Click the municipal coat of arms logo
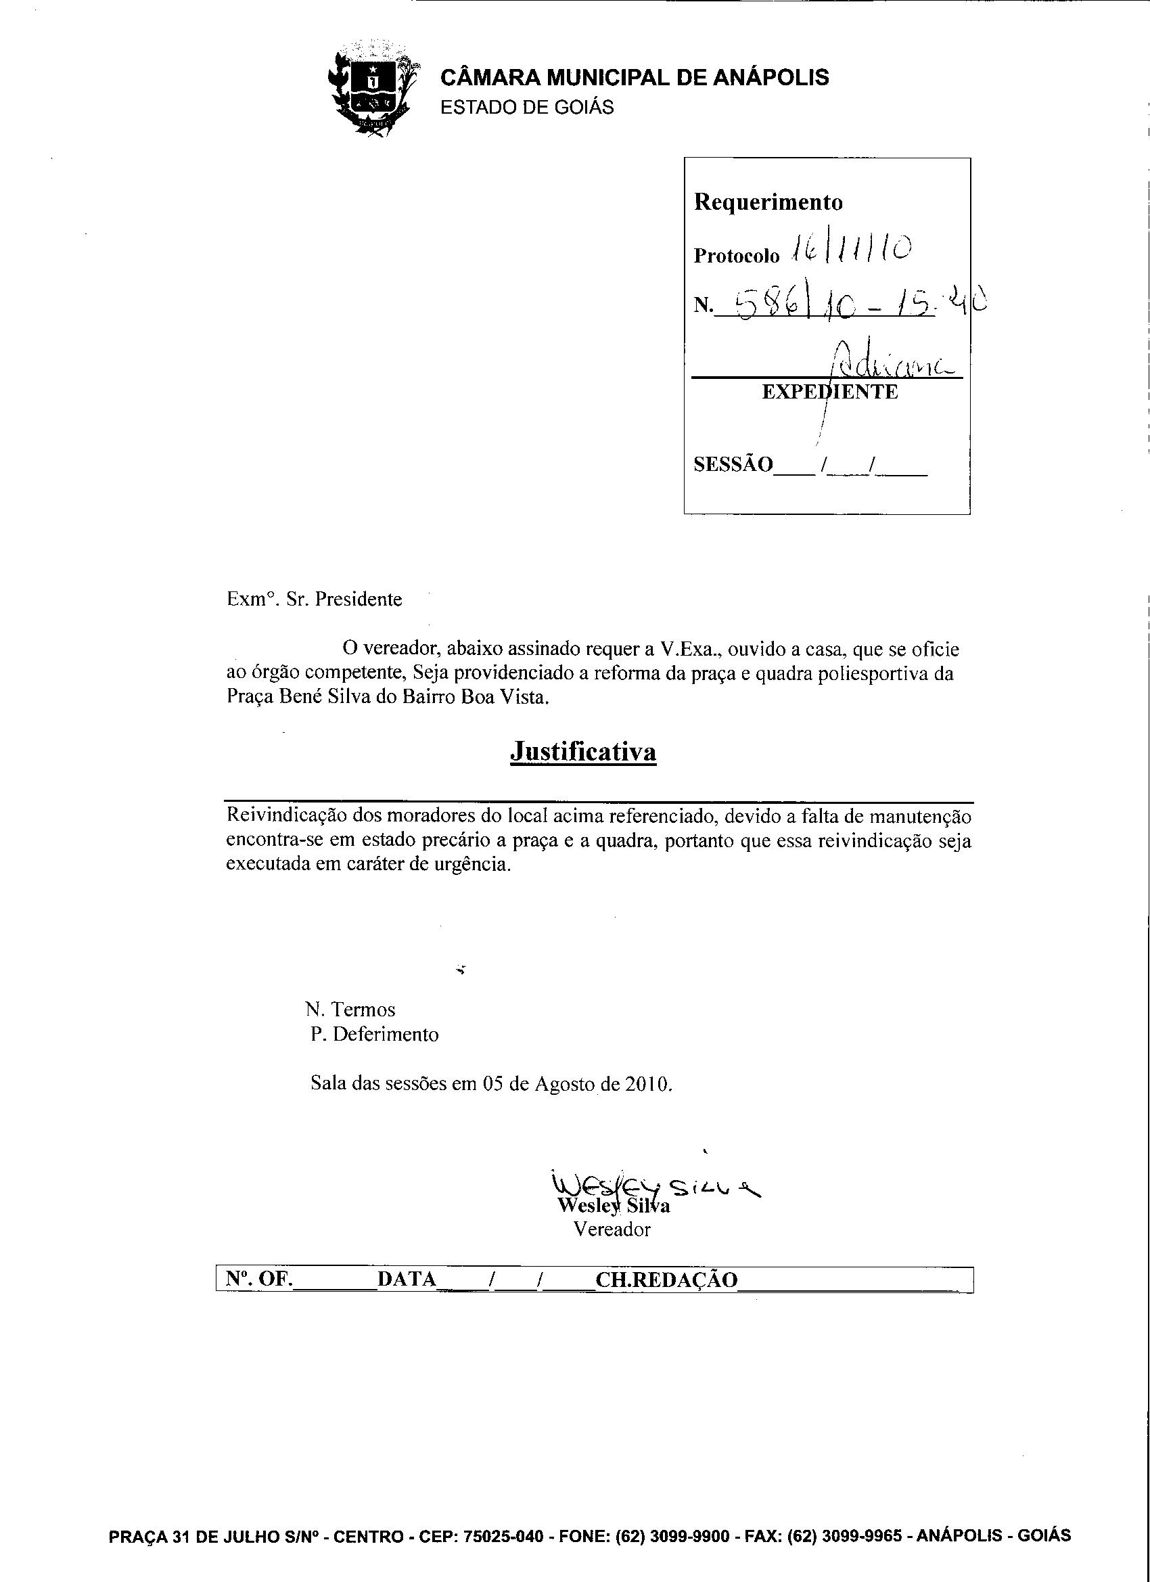[x=371, y=89]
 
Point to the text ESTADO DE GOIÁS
[x=527, y=108]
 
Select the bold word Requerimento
[x=768, y=202]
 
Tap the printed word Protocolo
[x=737, y=256]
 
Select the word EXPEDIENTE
[x=830, y=392]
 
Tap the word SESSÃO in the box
[x=733, y=465]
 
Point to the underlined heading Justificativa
[x=583, y=751]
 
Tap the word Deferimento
[x=386, y=1034]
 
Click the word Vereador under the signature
[x=612, y=1229]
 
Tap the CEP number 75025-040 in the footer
[x=503, y=1536]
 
